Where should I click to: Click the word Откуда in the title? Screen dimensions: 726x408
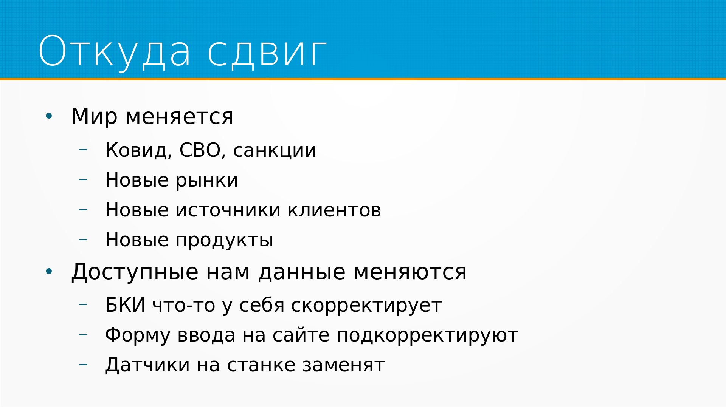pos(115,52)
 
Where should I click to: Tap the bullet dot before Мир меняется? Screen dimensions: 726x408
pos(49,116)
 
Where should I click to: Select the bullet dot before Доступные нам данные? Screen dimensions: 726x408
pos(49,271)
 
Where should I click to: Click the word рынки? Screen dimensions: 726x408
pos(207,181)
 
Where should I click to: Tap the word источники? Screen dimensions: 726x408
pos(228,210)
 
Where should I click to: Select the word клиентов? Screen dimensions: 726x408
pos(334,210)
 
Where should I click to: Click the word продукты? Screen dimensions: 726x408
pos(225,241)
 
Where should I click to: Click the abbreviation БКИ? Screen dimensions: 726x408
pos(125,305)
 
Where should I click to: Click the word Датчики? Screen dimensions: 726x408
pos(147,365)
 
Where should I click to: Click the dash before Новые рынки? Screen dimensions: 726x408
pos(83,179)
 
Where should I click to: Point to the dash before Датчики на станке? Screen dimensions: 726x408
pos(83,365)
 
